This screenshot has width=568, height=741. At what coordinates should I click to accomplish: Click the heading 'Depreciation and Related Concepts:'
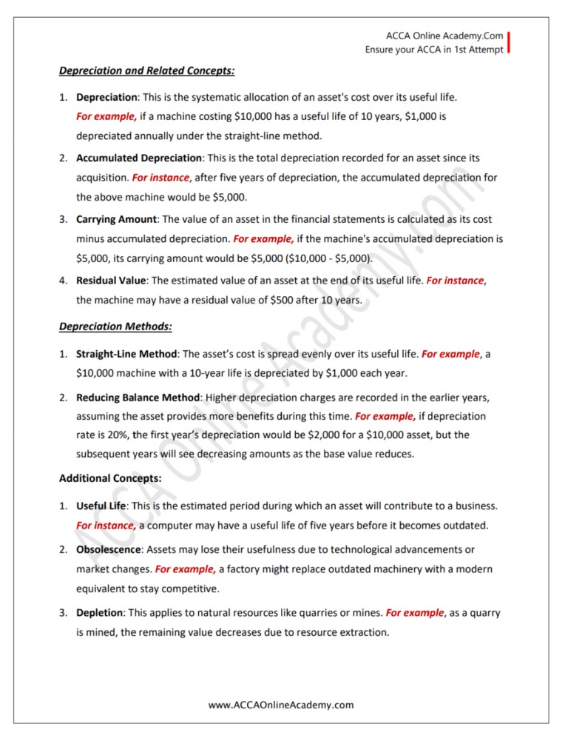(146, 72)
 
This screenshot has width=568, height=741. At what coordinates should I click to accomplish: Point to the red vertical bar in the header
(510, 42)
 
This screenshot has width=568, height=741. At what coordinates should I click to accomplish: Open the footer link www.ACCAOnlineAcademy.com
(281, 705)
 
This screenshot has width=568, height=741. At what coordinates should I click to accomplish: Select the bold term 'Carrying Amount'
(117, 219)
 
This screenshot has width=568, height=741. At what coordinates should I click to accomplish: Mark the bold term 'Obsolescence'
(109, 550)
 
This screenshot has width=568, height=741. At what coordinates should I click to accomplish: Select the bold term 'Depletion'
(101, 613)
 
